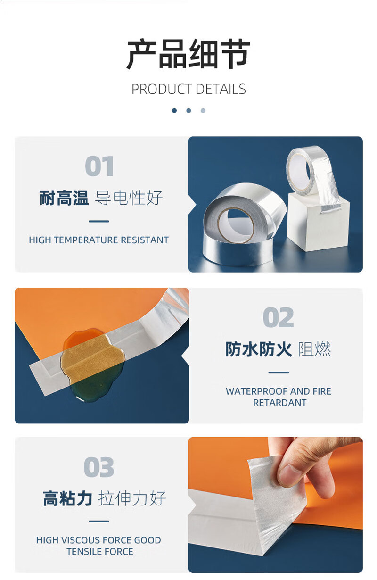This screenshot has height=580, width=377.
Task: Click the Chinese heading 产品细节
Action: (x=188, y=54)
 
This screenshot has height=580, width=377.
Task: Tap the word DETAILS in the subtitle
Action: (x=221, y=89)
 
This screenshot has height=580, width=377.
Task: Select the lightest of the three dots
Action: (x=203, y=110)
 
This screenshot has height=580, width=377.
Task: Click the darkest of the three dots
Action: (x=174, y=110)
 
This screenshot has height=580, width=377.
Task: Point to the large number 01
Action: (x=99, y=166)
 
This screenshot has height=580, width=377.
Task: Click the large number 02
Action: (x=278, y=317)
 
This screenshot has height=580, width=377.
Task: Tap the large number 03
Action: (x=99, y=467)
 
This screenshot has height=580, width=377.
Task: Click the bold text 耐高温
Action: (x=64, y=198)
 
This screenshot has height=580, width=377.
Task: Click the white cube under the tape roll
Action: (x=318, y=223)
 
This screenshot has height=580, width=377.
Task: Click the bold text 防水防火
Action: (x=259, y=349)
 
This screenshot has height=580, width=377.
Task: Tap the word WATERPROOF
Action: (x=253, y=391)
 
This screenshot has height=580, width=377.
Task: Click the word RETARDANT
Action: (x=280, y=403)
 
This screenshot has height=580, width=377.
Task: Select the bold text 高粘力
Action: (x=67, y=498)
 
